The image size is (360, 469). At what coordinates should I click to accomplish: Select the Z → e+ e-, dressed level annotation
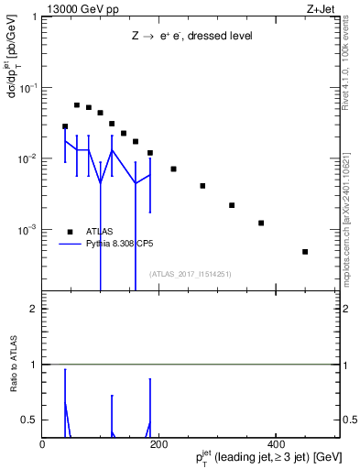(191, 36)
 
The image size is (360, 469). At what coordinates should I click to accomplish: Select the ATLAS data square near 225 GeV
(173, 169)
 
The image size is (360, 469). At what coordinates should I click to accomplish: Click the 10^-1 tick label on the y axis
(28, 88)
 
